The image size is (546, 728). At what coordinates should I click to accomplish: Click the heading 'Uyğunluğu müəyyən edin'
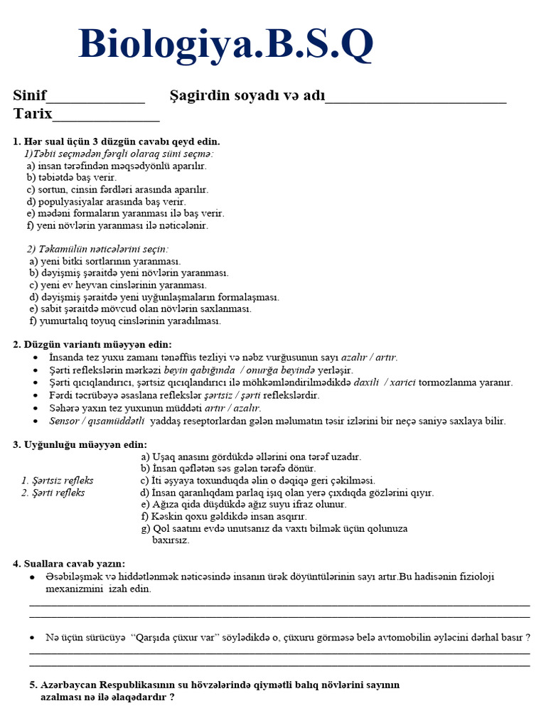85,444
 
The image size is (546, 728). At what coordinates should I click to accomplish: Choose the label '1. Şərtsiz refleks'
58,481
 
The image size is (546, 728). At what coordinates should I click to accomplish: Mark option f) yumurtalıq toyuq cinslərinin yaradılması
125,321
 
